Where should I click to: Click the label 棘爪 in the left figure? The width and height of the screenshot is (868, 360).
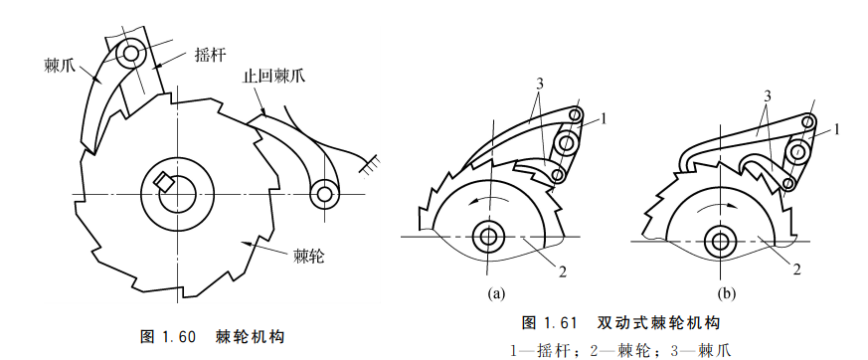pyautogui.click(x=58, y=65)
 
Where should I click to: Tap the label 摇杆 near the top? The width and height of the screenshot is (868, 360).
pyautogui.click(x=209, y=54)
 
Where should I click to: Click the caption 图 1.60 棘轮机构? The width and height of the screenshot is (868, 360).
pyautogui.click(x=213, y=336)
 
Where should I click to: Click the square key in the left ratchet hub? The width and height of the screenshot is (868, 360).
pyautogui.click(x=164, y=182)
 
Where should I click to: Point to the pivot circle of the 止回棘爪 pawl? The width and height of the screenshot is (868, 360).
pyautogui.click(x=323, y=193)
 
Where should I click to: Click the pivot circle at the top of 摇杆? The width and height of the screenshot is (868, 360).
pyautogui.click(x=132, y=54)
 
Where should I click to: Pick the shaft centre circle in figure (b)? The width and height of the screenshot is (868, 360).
pyautogui.click(x=720, y=241)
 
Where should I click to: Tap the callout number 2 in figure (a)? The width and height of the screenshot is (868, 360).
pyautogui.click(x=563, y=271)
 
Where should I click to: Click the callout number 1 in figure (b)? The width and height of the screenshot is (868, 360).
pyautogui.click(x=837, y=129)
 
